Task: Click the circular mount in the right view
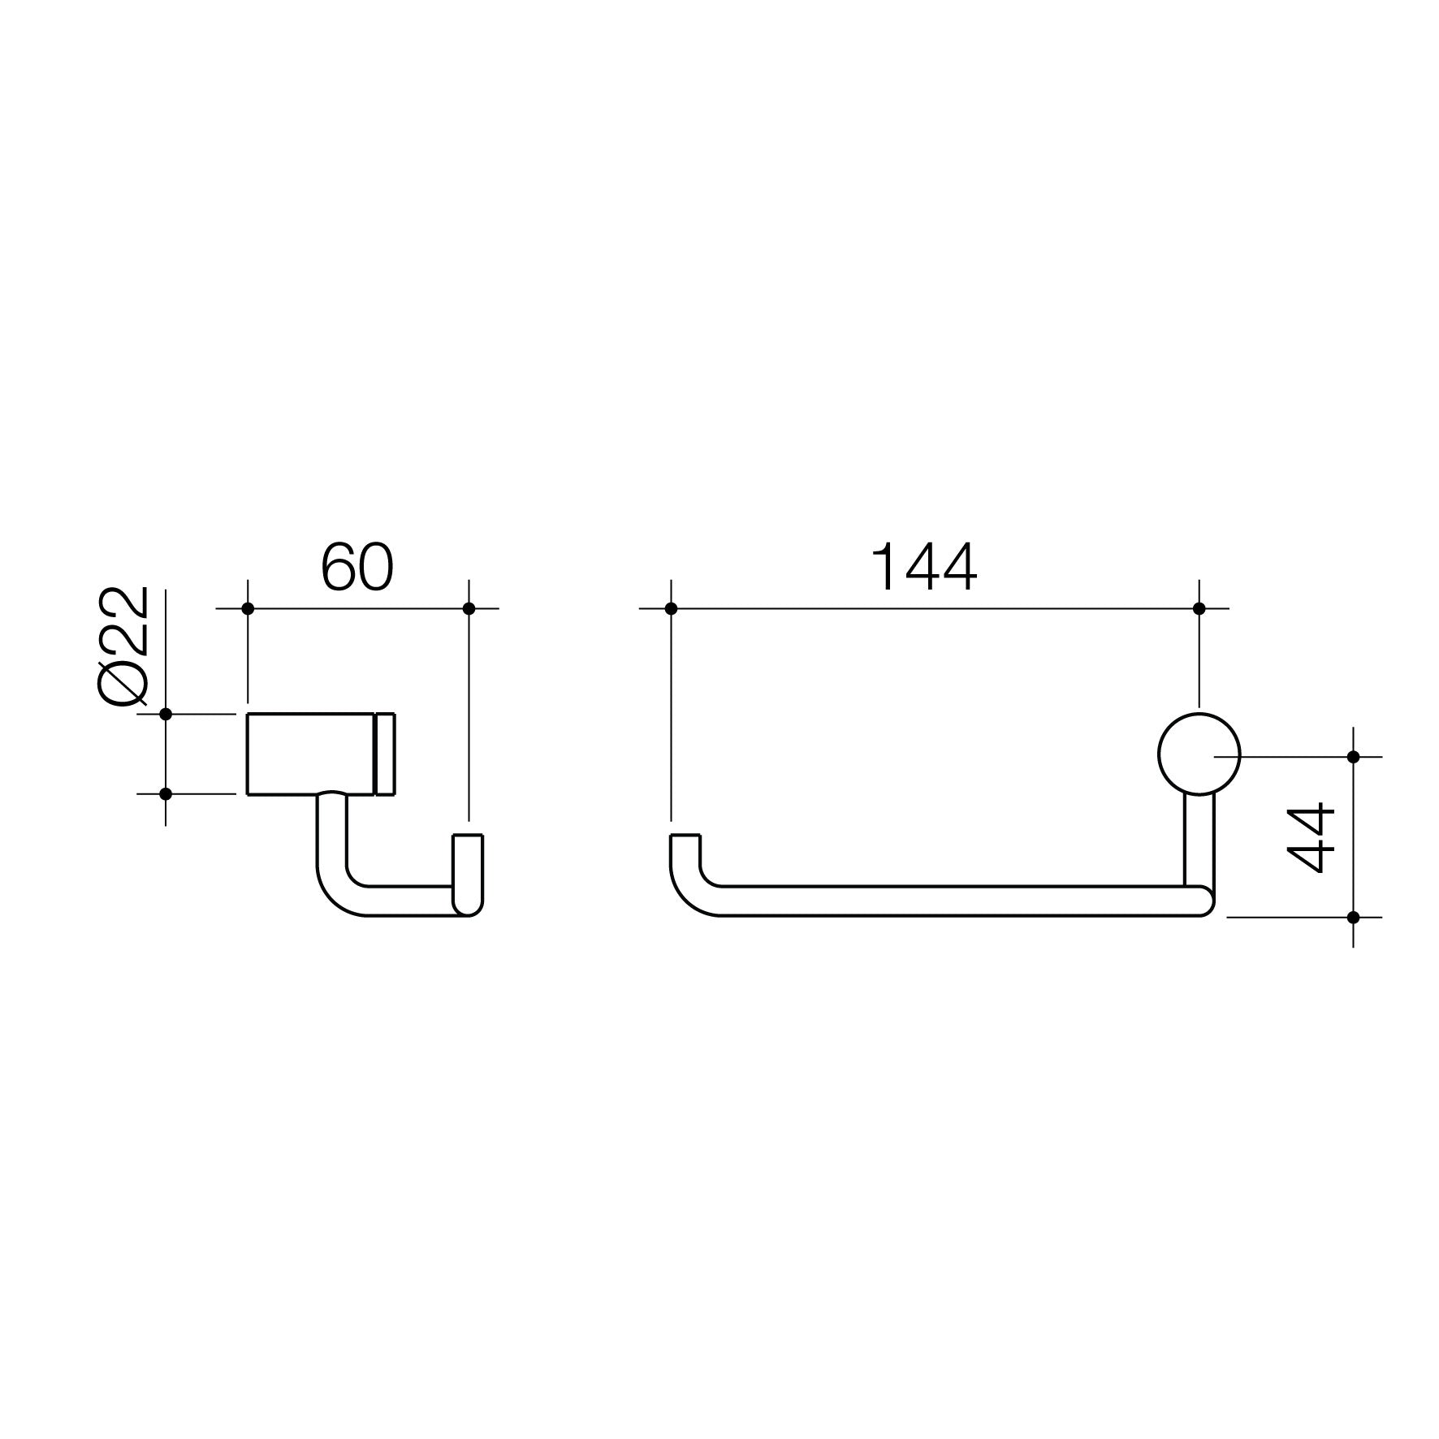pos(1199,754)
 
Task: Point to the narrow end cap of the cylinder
pos(385,754)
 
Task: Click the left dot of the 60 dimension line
pos(248,608)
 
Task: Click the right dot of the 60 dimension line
pos(468,608)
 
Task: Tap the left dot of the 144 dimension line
pos(671,608)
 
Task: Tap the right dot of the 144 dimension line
pos(1199,608)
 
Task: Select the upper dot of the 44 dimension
pos(1353,757)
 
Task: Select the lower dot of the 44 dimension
pos(1353,917)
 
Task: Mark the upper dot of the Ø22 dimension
pos(166,714)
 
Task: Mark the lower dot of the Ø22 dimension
pos(166,793)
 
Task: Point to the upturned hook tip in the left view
pos(468,861)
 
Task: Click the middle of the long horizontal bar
pos(942,901)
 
